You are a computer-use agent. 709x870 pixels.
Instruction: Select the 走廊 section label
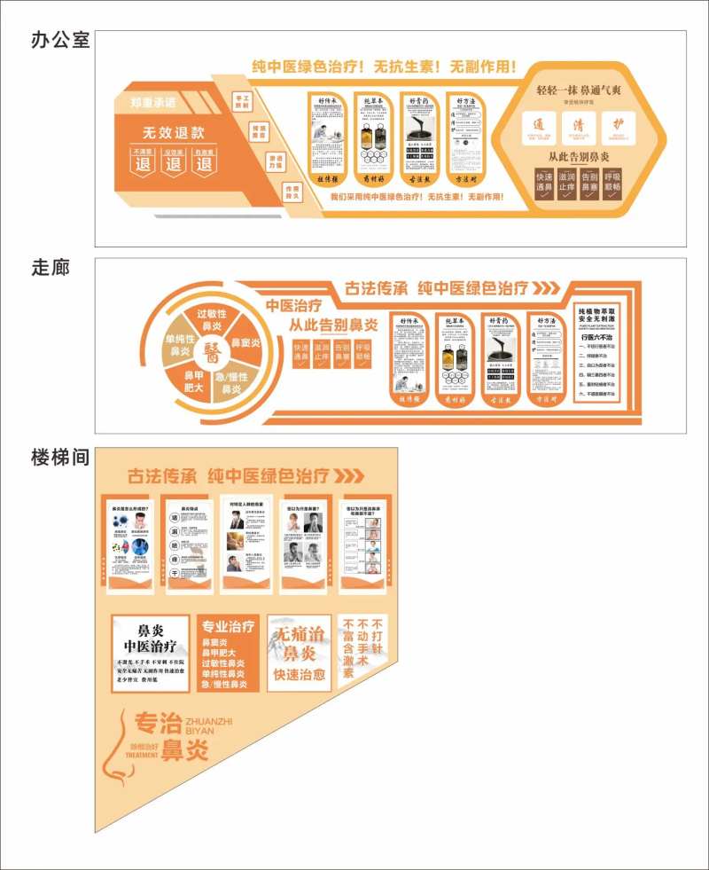point(50,267)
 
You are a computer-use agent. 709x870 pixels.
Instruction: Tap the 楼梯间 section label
point(60,458)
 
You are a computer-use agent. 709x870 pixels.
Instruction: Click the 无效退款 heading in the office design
point(174,133)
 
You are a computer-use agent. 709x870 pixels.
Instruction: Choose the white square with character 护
point(618,127)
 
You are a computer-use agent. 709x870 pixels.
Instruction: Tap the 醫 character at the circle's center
point(212,354)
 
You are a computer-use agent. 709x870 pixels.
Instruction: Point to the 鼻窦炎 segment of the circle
point(245,342)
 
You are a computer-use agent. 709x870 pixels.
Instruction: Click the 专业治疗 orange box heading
point(229,625)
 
